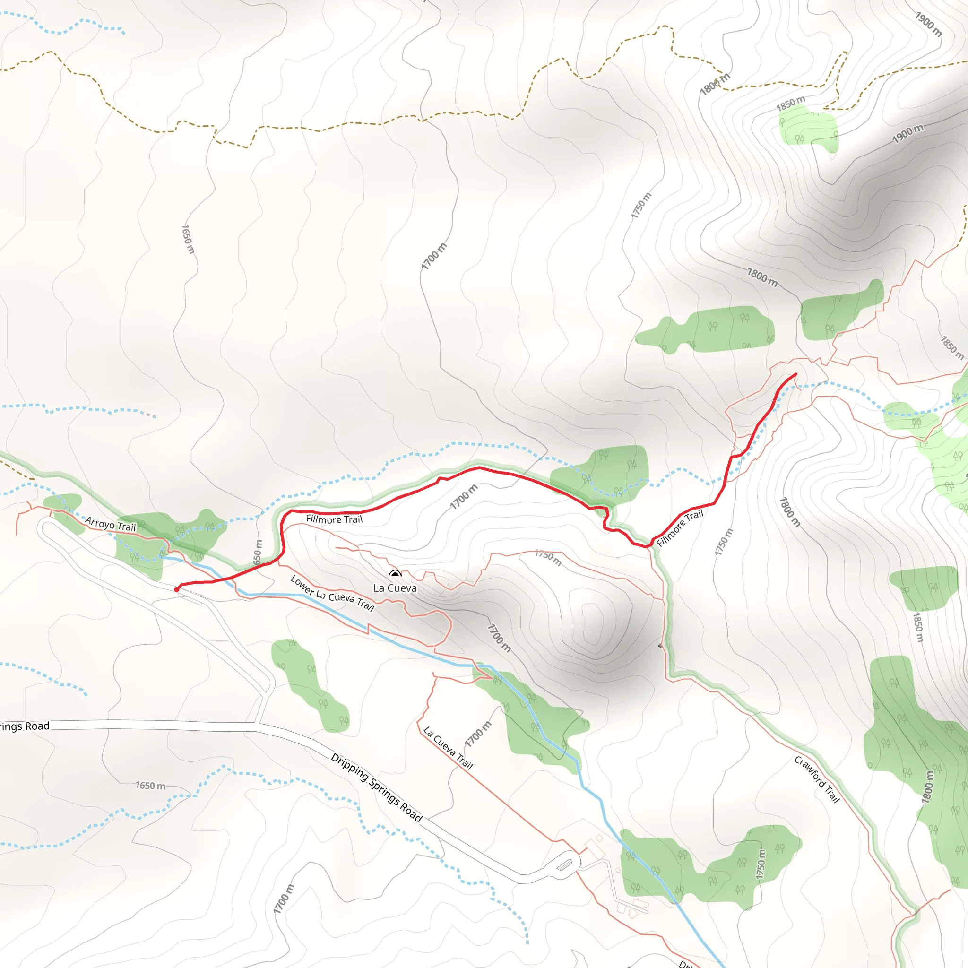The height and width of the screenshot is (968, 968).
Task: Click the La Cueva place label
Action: [x=395, y=588]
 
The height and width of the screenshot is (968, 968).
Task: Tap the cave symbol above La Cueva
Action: [x=395, y=575]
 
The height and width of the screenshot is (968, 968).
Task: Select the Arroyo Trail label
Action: [x=110, y=524]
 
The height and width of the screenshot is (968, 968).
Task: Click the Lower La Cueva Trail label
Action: [x=332, y=594]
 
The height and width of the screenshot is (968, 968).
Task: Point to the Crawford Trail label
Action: [x=817, y=779]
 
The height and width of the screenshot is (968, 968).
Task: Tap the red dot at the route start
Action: [x=176, y=589]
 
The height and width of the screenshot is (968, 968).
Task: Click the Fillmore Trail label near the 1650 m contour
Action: [x=334, y=519]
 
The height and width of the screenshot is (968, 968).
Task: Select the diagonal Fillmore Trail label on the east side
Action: [x=679, y=528]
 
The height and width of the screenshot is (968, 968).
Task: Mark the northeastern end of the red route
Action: [x=795, y=374]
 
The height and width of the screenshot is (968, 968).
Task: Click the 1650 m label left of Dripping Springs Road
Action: [x=150, y=785]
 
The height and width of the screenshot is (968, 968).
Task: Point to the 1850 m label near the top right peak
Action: [x=791, y=103]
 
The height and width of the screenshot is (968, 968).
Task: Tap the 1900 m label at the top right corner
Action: [x=928, y=24]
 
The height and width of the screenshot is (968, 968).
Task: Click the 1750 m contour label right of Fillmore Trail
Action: [x=723, y=542]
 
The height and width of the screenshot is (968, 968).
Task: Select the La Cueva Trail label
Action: [x=448, y=748]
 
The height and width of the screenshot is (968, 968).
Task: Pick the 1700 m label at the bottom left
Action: [x=284, y=899]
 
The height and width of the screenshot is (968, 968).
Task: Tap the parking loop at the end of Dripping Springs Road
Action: [x=565, y=865]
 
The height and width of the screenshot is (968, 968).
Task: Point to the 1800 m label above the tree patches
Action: [x=762, y=277]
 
